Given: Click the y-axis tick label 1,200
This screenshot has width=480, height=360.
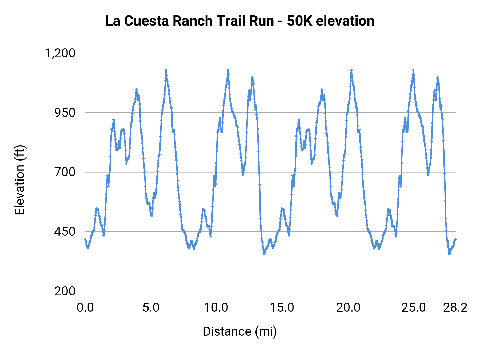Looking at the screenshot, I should (60, 53).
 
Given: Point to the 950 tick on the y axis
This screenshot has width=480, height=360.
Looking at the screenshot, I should (65, 113).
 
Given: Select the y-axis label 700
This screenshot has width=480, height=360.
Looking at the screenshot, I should (65, 172).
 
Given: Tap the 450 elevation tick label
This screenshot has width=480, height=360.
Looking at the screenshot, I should (65, 231).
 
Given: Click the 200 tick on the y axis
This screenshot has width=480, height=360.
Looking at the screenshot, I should (65, 291).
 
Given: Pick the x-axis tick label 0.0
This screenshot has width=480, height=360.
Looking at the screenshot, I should (85, 308).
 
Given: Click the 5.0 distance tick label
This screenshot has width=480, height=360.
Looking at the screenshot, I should (151, 308).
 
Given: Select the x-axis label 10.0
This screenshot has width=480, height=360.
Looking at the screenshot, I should (216, 308).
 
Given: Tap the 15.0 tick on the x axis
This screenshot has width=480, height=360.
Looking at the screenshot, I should (282, 308).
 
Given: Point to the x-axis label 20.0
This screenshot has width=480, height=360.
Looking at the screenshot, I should (348, 308).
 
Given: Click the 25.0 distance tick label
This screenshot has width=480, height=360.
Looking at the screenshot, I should (414, 308).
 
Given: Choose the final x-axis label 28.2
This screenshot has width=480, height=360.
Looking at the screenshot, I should (455, 308).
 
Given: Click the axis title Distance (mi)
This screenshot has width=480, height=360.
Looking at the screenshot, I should (240, 331).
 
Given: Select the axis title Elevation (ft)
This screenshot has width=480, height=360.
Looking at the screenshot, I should (19, 180).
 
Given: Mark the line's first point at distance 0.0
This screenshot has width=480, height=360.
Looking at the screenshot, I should (85, 239).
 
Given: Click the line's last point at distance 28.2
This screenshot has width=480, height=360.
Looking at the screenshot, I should (455, 239).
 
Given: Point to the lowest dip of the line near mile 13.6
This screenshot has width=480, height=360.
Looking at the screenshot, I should (264, 254).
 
